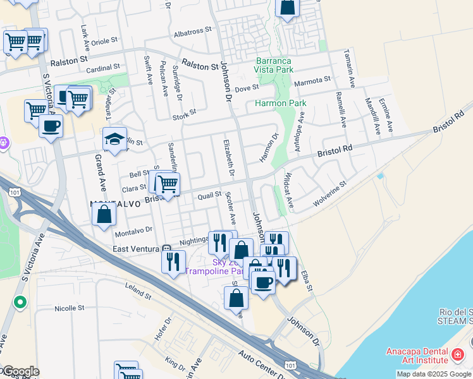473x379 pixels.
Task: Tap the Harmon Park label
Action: coord(280,103)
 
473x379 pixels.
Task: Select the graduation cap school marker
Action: coord(114,140)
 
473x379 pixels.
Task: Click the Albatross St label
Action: coord(192,31)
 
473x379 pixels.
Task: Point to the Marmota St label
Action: coord(312,80)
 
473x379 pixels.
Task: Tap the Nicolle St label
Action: coord(70,309)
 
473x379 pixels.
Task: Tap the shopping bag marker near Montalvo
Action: coord(104,214)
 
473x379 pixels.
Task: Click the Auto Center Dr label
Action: coord(261,364)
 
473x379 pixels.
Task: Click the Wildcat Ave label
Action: coord(288,190)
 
